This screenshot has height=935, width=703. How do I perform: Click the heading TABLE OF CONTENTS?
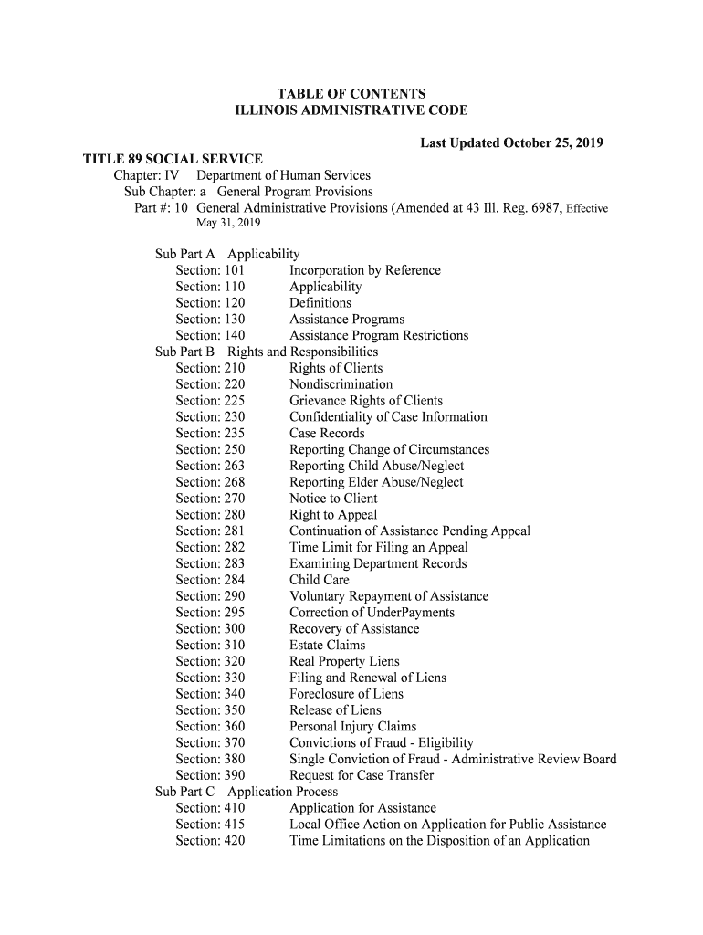[351, 94]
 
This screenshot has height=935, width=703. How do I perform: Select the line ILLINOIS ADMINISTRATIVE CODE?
[351, 110]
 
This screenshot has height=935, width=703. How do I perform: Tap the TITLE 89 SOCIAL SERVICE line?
[173, 160]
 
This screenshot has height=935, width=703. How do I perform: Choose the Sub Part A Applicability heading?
[227, 254]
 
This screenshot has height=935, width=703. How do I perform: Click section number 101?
[235, 270]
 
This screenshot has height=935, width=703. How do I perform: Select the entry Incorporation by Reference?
[364, 270]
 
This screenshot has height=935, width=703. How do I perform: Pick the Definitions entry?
[320, 303]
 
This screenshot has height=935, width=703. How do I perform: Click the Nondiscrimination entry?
[341, 384]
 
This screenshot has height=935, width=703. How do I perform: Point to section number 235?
[235, 434]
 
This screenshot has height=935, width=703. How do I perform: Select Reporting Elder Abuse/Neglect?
[376, 482]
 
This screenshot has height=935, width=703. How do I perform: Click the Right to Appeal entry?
[332, 515]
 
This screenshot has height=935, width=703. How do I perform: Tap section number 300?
[235, 629]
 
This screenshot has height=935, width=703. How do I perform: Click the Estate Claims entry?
[327, 646]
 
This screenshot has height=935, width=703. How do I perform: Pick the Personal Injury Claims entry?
[352, 727]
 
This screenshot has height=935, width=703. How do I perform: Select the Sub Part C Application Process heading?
[247, 792]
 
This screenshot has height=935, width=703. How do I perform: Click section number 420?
[235, 841]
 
